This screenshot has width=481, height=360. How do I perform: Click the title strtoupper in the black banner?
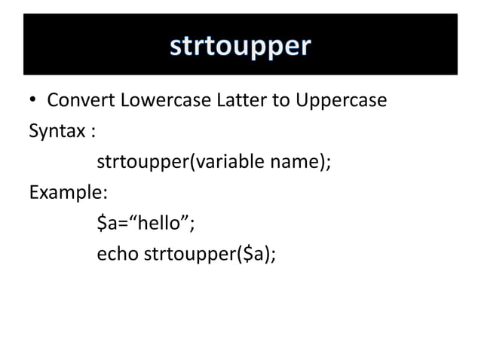tap(240, 46)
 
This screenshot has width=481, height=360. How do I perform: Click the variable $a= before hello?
tap(113, 223)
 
